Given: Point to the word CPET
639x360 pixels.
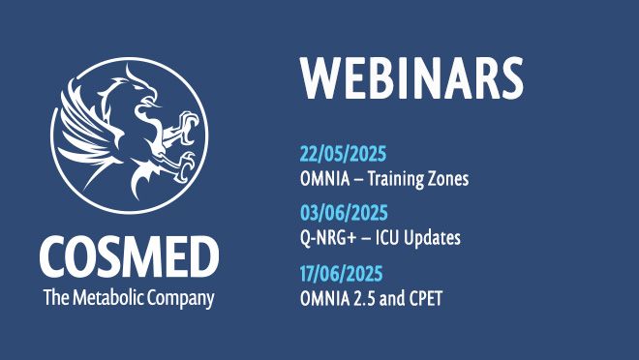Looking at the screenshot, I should [x=425, y=297].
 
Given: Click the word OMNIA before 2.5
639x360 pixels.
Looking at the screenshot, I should [x=327, y=297].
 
